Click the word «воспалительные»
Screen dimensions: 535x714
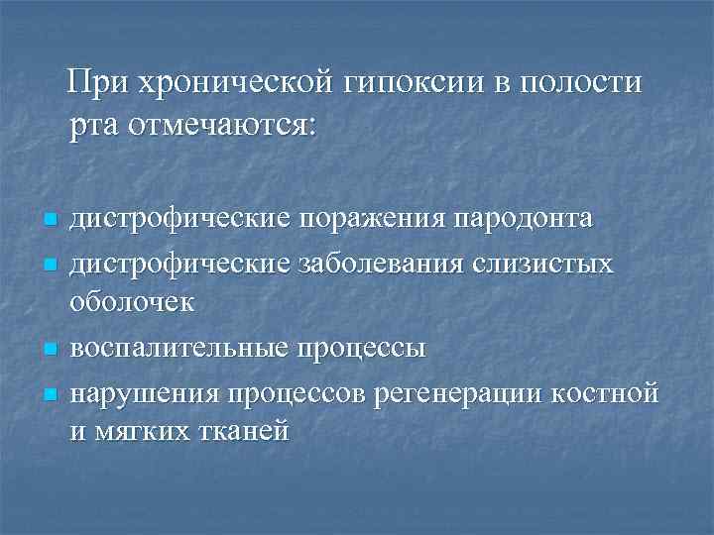point(180,349)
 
